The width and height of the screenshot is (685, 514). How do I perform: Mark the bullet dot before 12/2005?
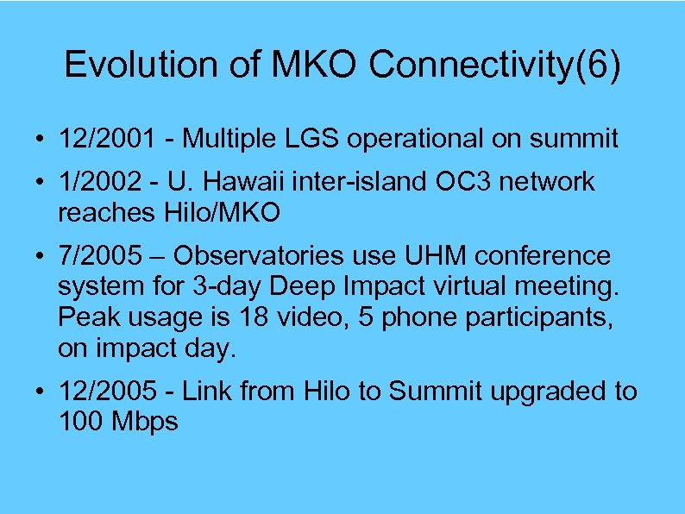(41, 392)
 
